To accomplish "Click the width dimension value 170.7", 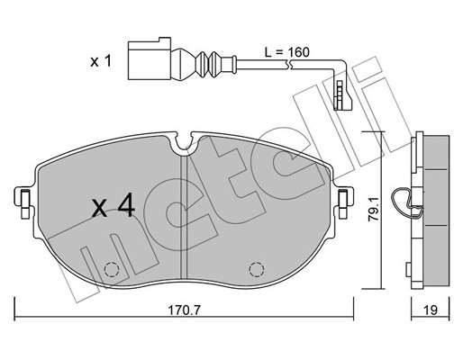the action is (184, 310).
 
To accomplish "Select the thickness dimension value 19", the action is (431, 310).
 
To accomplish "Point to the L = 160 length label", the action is (286, 52).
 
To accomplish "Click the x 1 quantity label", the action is (101, 61).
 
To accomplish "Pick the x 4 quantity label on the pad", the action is (113, 205).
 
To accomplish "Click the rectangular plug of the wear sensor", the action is (150, 60).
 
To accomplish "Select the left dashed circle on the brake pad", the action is (112, 269).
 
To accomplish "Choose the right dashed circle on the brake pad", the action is (257, 269).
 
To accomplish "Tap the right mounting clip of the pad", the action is (344, 202).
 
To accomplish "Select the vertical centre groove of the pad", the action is (185, 217).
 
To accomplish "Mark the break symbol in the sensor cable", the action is (290, 64).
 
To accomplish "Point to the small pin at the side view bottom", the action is (408, 269).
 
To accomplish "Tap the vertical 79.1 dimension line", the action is (381, 211).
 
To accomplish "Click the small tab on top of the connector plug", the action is (165, 40).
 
